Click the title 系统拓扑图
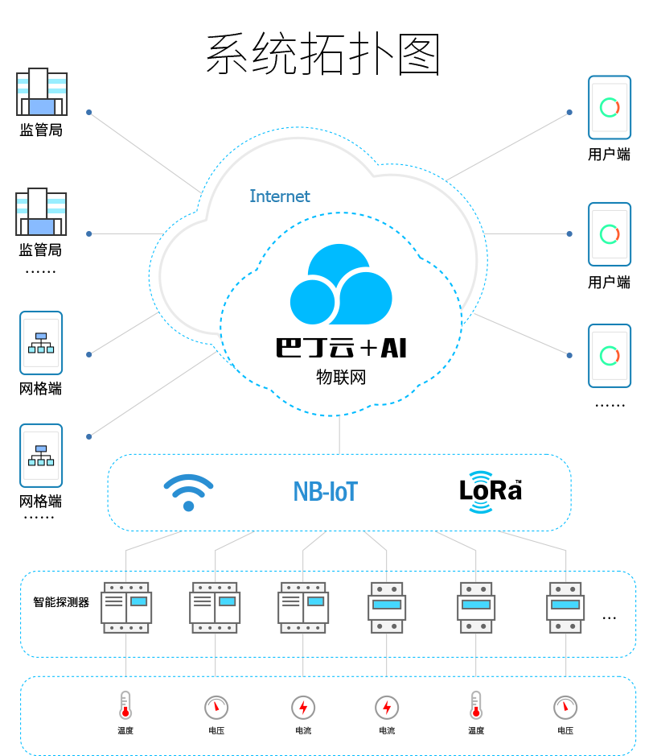(x=323, y=55)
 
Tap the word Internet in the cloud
(x=279, y=196)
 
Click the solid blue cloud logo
(x=341, y=285)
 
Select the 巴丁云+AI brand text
(x=341, y=348)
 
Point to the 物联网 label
(x=341, y=377)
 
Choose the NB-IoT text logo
(x=325, y=491)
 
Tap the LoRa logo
(x=491, y=491)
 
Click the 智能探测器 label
(x=61, y=601)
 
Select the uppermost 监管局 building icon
(x=42, y=93)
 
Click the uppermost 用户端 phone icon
(x=610, y=107)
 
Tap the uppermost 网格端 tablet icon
(x=41, y=343)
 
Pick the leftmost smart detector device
(x=126, y=608)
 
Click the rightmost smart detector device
(x=565, y=608)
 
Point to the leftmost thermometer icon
(x=125, y=704)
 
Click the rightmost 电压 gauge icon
(x=565, y=707)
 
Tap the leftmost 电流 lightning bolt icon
(x=303, y=707)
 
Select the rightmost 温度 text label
(x=476, y=731)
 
